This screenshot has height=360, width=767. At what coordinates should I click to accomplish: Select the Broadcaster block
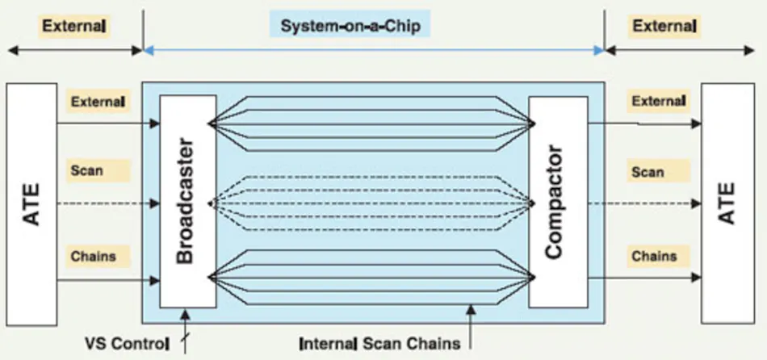(x=187, y=201)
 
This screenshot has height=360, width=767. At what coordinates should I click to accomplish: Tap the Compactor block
(x=555, y=201)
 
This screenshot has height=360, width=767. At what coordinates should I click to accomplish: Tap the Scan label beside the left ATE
(x=86, y=170)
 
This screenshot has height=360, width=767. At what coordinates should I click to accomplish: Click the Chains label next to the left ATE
(x=94, y=256)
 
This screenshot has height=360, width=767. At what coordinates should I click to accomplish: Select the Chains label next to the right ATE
(x=654, y=256)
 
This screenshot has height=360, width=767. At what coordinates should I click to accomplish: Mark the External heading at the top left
(x=74, y=26)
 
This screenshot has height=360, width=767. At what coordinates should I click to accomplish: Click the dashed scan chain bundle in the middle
(x=371, y=203)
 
